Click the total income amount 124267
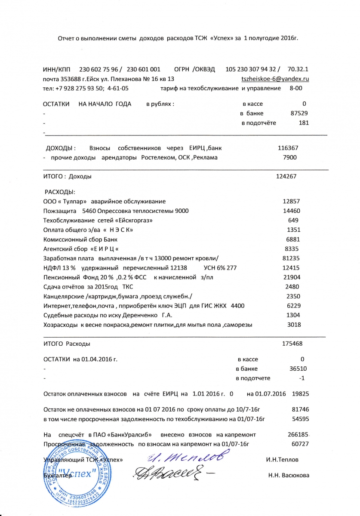point(286,176)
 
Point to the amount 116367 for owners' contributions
point(288,148)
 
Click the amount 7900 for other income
point(290,157)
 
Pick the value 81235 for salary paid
point(291,258)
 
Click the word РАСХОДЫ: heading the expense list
point(60,192)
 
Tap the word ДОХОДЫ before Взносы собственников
point(61,148)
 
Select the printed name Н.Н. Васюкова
point(288,475)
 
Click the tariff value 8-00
point(296,88)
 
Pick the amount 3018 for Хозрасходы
point(294,325)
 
